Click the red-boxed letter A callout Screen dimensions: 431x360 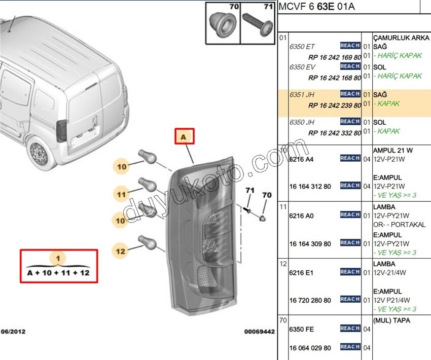click(x=185, y=136)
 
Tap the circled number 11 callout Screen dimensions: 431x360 click(x=122, y=194)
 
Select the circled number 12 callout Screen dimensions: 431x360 click(x=120, y=251)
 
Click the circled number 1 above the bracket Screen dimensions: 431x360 click(x=58, y=258)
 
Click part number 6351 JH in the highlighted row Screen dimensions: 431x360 click(x=302, y=94)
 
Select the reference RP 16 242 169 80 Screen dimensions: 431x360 click(x=335, y=57)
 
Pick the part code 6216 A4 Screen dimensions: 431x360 click(x=301, y=159)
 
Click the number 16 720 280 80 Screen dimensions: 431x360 click(x=310, y=300)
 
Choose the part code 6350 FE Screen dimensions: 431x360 click(x=301, y=329)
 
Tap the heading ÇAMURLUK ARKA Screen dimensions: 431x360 click(x=401, y=38)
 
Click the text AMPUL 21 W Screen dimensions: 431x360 click(x=393, y=150)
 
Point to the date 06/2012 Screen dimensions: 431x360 click(x=13, y=332)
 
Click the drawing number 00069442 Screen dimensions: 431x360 click(x=260, y=332)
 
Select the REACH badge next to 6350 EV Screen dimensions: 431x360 click(x=350, y=66)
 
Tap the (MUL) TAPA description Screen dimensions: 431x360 click(x=391, y=320)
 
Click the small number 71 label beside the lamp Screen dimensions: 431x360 click(x=250, y=190)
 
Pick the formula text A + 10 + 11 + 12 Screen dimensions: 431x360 click(x=58, y=273)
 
